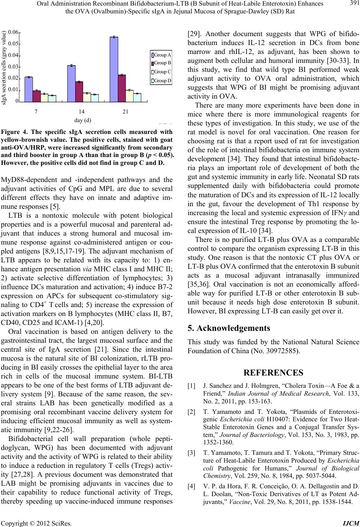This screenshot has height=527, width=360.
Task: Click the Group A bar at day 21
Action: click(114, 69)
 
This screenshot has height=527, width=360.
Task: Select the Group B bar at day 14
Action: click(79, 92)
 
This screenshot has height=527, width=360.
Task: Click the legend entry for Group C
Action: click(161, 72)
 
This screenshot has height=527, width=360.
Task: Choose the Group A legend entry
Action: click(161, 55)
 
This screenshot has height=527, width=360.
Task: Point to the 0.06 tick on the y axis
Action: click(13, 32)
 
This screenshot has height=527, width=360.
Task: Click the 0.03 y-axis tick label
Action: click(13, 67)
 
